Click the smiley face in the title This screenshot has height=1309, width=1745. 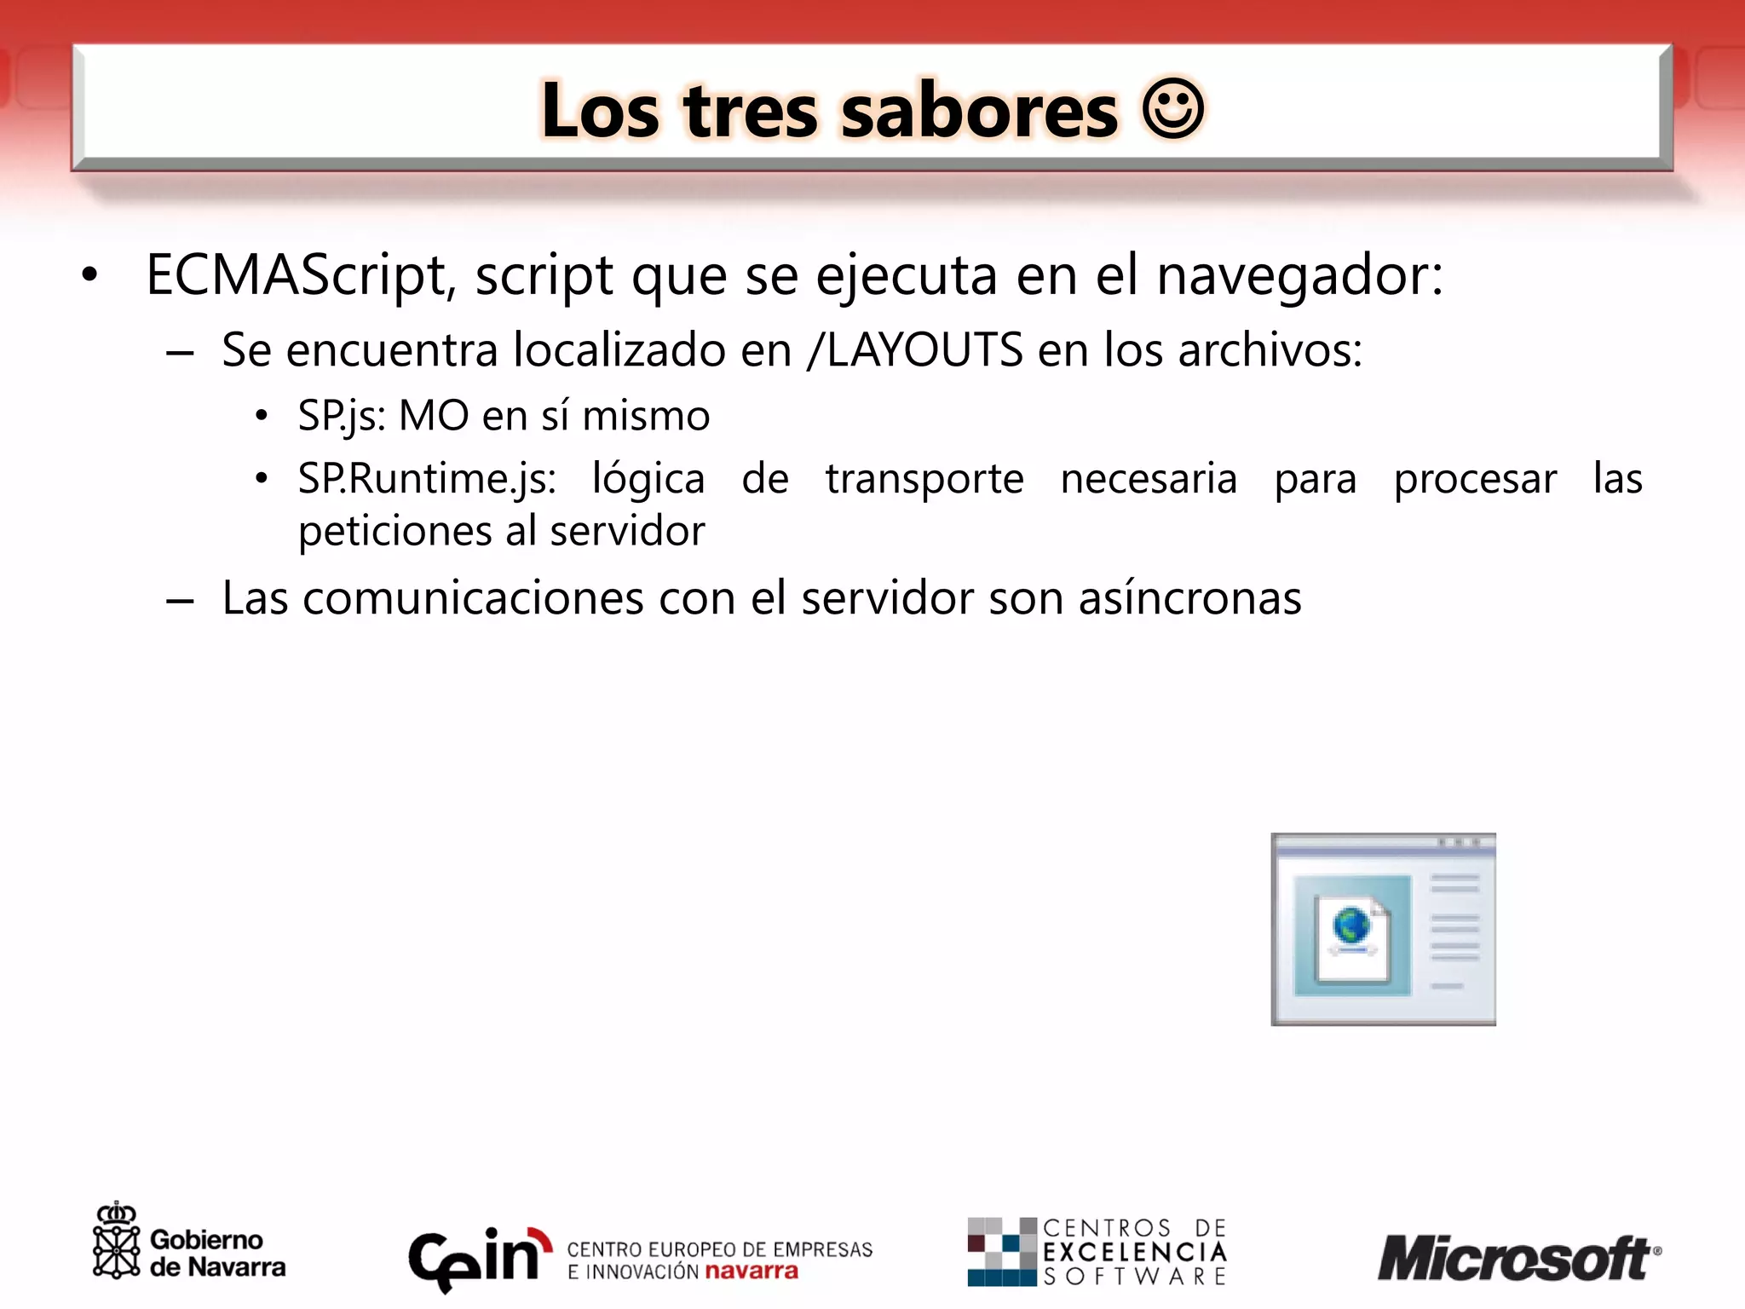tap(1172, 108)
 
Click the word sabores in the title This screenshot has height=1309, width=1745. tap(979, 112)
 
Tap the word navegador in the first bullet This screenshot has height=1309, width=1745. tap(1299, 275)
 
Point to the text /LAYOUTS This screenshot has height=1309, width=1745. tap(915, 349)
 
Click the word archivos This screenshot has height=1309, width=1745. tap(1270, 349)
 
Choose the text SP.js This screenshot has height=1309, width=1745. tap(341, 417)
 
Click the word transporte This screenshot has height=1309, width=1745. tap(924, 479)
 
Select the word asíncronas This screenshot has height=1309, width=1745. tap(1189, 598)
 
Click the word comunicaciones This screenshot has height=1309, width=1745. tap(473, 598)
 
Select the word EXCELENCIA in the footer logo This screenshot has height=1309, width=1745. tap(1135, 1252)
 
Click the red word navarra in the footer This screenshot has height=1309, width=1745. tap(752, 1272)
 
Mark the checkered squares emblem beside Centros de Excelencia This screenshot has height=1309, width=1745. tap(1001, 1251)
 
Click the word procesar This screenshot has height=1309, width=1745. tap(1475, 479)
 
